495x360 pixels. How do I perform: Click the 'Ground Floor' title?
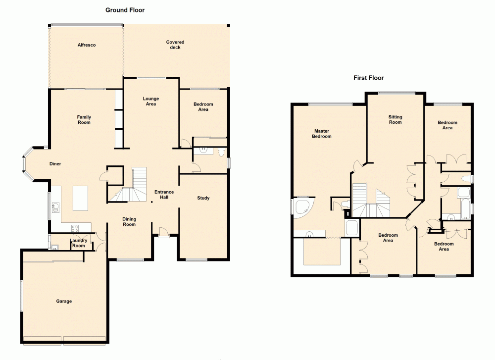125,10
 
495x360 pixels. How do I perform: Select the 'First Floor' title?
368,78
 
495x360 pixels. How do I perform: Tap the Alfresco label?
86,45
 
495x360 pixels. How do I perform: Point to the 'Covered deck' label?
175,45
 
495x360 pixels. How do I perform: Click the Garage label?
64,301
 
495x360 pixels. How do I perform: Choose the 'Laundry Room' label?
79,243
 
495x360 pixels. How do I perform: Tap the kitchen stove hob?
75,228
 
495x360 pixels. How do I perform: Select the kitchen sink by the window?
55,207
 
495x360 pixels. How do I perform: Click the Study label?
203,198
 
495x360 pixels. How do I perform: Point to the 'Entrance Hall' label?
164,195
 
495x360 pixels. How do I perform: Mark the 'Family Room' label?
84,120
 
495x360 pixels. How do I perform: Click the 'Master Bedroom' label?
322,134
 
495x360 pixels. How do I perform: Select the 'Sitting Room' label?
395,120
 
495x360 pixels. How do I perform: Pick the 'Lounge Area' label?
151,102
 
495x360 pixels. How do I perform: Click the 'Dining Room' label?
129,221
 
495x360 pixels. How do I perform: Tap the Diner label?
55,164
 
